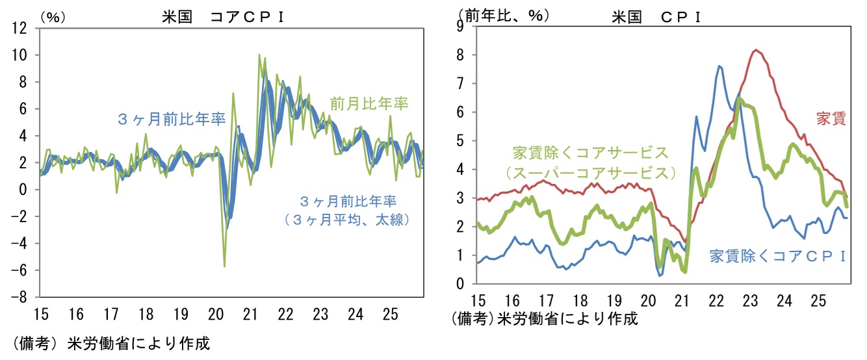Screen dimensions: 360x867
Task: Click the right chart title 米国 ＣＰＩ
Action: coord(656,18)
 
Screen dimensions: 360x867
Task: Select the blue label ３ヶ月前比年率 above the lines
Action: coord(172,119)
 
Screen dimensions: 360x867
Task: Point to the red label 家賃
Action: coord(830,118)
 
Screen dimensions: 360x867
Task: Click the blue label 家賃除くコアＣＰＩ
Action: coord(777,255)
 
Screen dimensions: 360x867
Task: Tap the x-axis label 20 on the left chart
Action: coord(214,315)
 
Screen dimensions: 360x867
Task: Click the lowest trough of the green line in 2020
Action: coord(225,266)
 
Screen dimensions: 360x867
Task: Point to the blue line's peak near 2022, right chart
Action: coord(719,66)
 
